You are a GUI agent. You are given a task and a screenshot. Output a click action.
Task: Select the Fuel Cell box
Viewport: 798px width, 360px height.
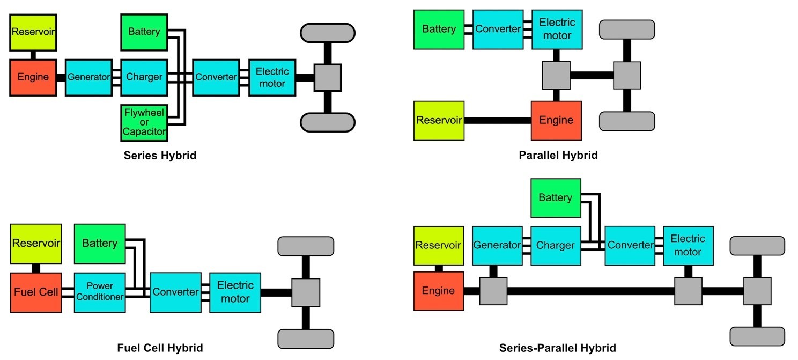coord(36,292)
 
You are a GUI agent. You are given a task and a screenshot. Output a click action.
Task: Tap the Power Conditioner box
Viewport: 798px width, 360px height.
coord(100,292)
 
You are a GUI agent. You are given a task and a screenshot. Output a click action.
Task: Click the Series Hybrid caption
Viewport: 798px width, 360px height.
coord(160,156)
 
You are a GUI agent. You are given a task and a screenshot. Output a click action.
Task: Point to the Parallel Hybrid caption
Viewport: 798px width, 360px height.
coord(558,155)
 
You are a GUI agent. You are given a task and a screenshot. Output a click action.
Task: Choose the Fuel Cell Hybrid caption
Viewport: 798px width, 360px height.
coord(160,348)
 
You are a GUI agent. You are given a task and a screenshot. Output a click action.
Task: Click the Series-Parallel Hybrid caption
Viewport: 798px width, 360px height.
coord(557,348)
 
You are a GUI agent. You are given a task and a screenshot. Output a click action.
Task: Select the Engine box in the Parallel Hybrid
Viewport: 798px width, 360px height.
coord(556,120)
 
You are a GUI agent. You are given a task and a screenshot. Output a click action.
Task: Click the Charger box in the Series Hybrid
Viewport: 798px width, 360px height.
coord(144,77)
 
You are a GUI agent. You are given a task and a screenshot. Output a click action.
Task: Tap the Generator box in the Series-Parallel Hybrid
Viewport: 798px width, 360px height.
coord(497,245)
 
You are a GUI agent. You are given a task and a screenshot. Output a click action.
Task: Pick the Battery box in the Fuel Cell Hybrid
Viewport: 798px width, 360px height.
coord(99,244)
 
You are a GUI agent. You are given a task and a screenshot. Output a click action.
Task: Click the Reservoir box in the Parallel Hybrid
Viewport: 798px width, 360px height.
coord(439,120)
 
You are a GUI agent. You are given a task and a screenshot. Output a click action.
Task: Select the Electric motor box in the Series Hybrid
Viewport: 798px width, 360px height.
coord(272,77)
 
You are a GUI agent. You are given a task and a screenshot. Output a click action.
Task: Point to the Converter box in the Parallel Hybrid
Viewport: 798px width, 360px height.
coord(498,29)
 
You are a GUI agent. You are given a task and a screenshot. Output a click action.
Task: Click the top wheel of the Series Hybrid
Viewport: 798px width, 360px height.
coord(328,33)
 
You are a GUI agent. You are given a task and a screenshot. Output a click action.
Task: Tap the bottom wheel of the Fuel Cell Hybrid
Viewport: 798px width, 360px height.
coord(306,339)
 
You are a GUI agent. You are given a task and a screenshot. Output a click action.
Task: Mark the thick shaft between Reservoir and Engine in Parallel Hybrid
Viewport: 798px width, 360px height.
coord(497,120)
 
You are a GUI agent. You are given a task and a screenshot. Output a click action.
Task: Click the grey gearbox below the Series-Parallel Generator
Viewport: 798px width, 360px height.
coord(493,291)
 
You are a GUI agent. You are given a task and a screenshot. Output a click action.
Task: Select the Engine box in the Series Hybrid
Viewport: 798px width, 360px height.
coord(33,77)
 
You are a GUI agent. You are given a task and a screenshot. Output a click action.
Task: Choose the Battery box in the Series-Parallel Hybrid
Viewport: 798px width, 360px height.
coord(555,198)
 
